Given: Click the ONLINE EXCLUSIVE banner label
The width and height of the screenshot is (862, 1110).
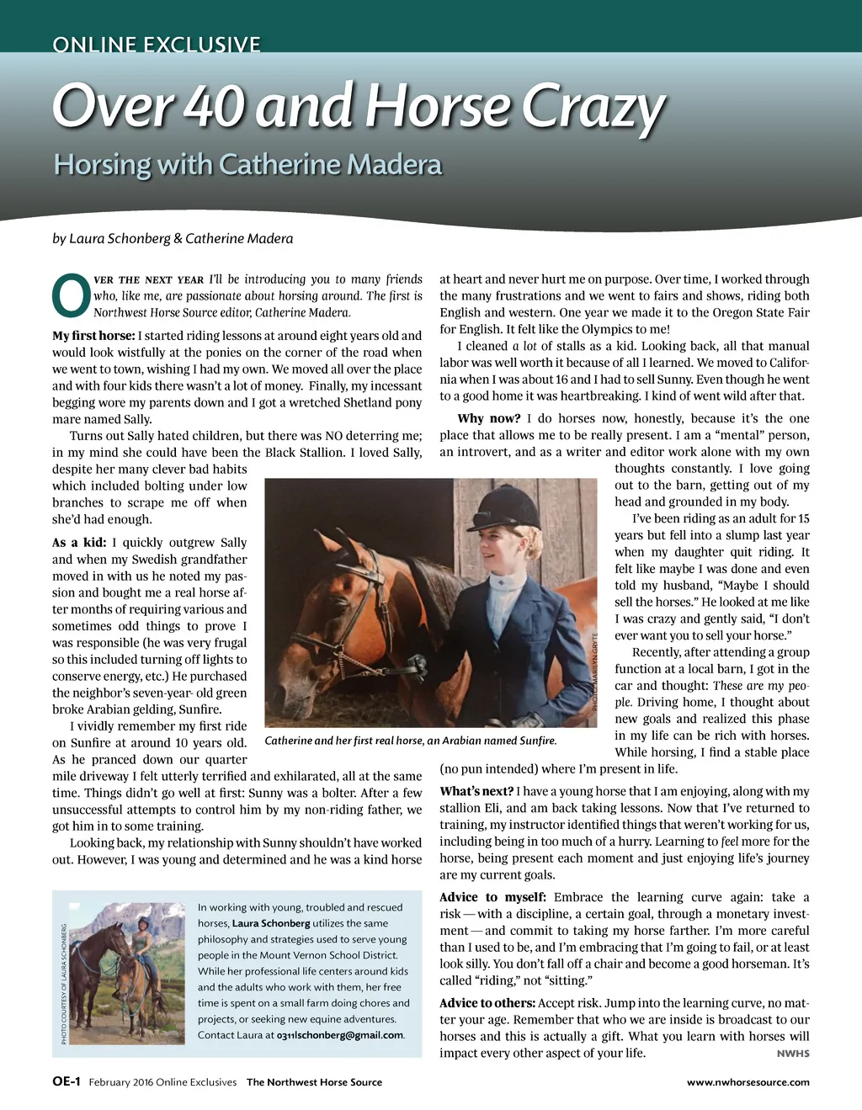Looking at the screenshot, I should click(157, 45).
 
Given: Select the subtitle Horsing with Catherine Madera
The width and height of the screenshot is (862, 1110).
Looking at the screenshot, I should click(247, 164).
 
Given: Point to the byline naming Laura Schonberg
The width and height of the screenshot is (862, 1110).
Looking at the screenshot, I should click(173, 238).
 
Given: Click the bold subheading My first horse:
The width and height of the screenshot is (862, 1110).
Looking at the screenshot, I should click(93, 336).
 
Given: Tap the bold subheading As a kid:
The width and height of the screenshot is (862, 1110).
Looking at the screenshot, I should click(79, 543).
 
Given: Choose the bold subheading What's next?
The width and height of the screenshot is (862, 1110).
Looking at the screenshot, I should click(476, 791).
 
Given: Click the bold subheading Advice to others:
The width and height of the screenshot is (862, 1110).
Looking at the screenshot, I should click(487, 1003).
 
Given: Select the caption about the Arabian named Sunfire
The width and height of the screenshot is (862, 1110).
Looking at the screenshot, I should click(410, 741).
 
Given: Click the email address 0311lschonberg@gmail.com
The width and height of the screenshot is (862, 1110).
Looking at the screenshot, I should click(340, 1035).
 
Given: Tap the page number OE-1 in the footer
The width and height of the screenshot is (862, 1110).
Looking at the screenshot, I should click(66, 1082).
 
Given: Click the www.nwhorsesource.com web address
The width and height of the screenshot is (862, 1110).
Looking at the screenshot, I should click(748, 1082).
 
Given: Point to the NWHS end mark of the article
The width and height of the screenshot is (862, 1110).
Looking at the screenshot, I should click(793, 1054).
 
